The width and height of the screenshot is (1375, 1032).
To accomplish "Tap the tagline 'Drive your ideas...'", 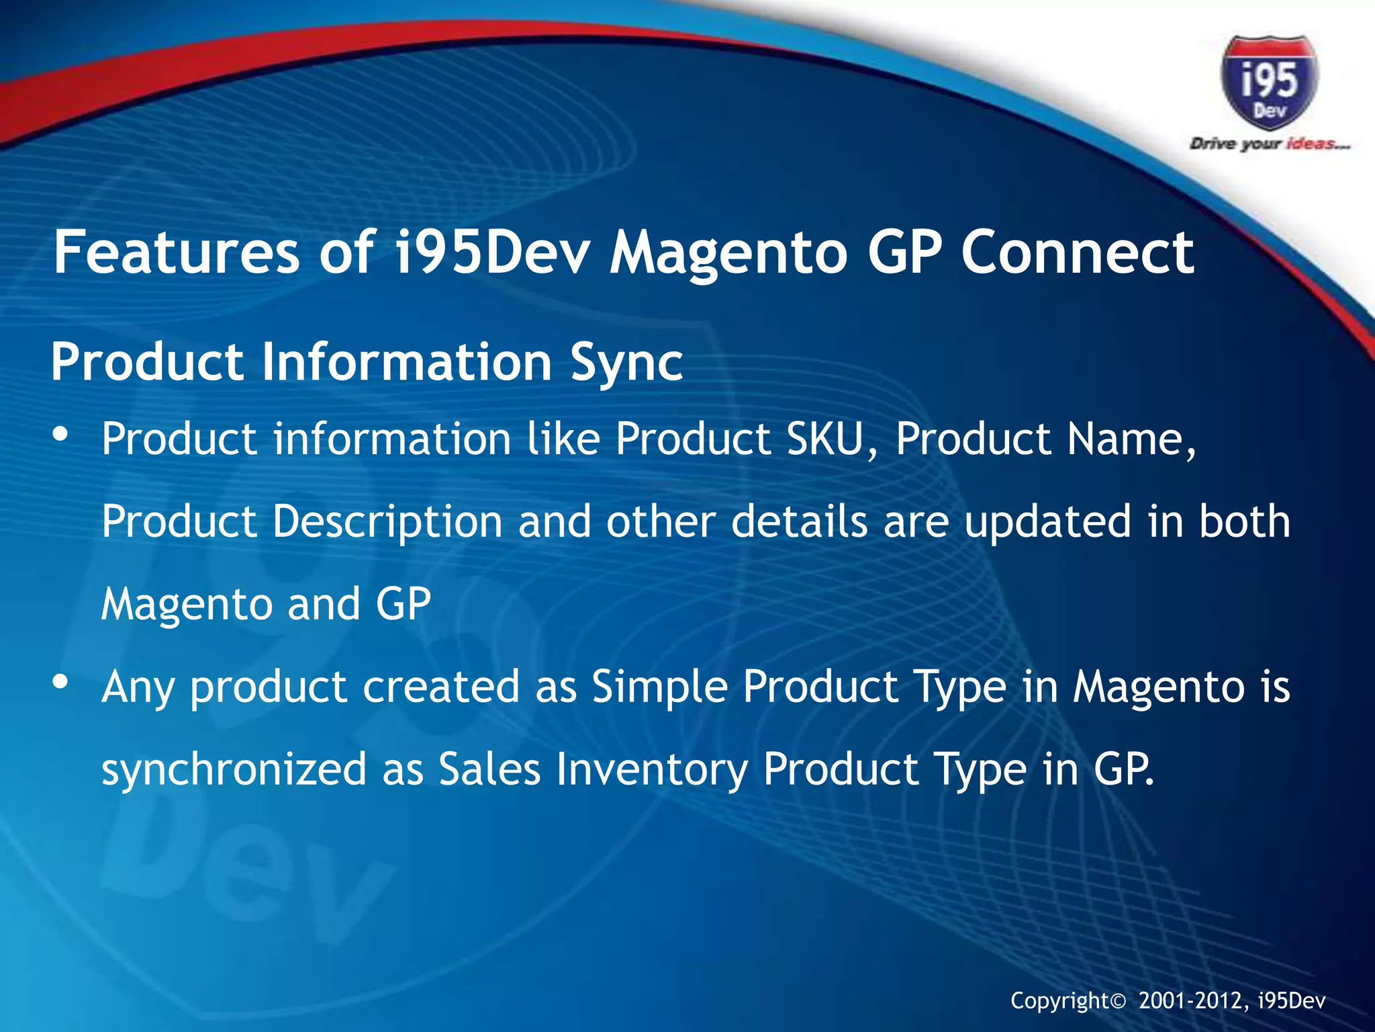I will point(1269,144).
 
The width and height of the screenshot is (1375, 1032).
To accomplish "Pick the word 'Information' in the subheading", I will point(406,361).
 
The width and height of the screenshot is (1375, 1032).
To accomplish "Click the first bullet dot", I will point(60,435).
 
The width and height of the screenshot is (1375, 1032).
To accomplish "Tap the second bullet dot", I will point(60,683).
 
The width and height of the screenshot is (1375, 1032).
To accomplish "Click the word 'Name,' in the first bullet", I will point(1131,439).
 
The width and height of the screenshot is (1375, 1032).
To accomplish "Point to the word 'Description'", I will point(387,522).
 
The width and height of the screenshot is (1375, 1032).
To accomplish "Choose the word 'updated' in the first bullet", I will point(1047,522).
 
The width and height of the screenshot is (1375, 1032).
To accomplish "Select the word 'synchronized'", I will point(234,769).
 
